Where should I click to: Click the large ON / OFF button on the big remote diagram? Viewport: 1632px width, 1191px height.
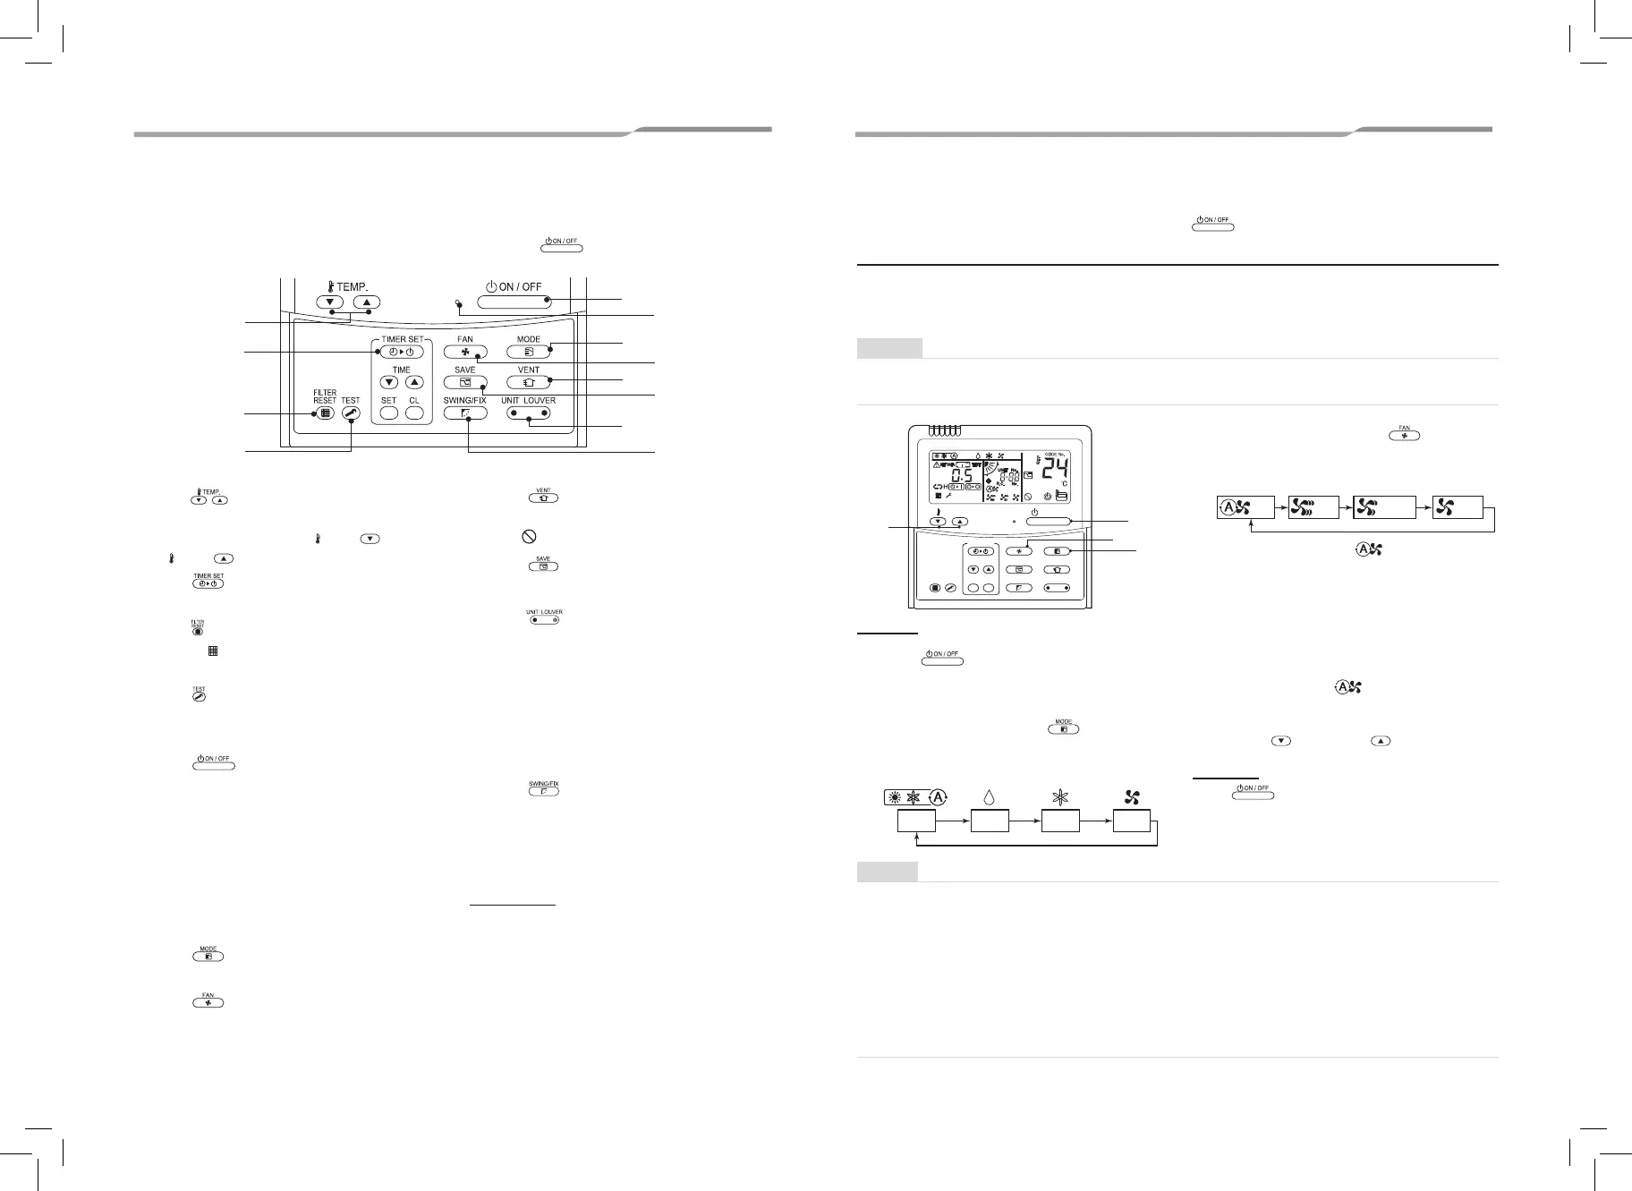coord(514,302)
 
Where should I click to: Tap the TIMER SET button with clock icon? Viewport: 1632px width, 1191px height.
coord(401,353)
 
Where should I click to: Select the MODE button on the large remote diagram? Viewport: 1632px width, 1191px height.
coord(528,353)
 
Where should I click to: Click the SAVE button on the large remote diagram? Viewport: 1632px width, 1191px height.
coord(465,383)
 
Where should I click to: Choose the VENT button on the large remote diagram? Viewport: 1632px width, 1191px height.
coord(528,383)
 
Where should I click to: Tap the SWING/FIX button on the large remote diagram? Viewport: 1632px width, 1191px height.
coord(465,413)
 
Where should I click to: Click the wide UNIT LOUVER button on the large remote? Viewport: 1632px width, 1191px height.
coord(528,413)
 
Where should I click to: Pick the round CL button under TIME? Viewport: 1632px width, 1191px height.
coord(413,413)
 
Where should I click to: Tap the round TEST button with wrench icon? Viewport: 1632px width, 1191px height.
coord(350,413)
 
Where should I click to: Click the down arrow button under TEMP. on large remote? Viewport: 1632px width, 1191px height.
coord(330,302)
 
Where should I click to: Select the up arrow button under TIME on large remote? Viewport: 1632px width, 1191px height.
coord(413,383)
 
